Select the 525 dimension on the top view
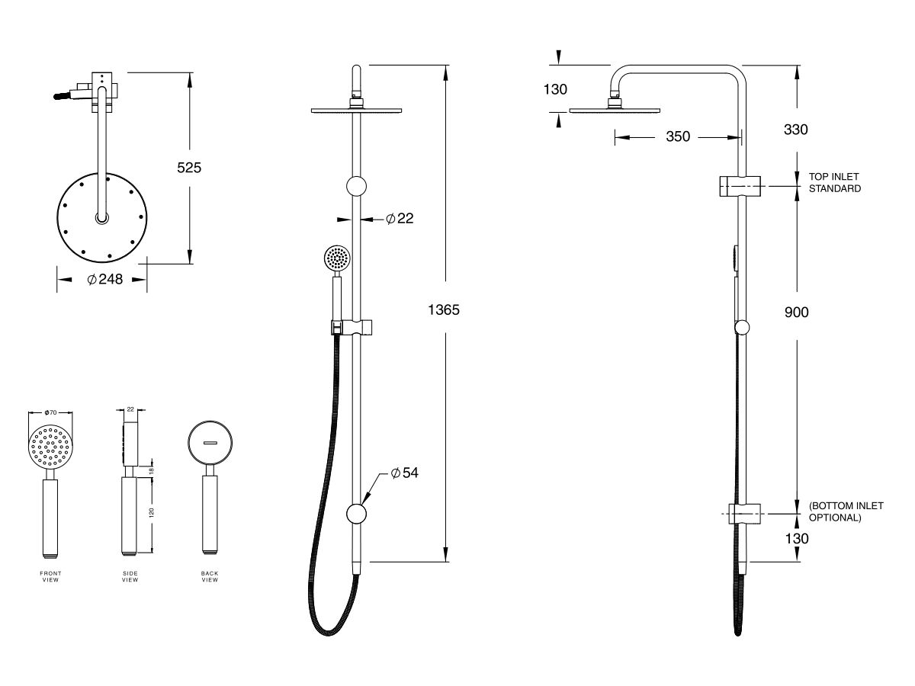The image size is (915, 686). pos(189,168)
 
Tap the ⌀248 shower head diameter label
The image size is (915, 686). pos(104,280)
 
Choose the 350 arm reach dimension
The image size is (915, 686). pos(677,136)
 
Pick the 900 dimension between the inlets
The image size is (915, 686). pos(796,312)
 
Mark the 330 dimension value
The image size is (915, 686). pos(796,130)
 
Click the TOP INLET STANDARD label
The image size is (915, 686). pos(835,182)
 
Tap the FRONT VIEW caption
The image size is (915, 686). pos(50,576)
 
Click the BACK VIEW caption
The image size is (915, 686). pos(210,576)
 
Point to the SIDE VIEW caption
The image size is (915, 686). pos(130,576)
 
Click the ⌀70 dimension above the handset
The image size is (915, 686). pos(51,412)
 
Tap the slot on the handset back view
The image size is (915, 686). pos(210,443)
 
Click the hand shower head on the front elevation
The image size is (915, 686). pos(336,258)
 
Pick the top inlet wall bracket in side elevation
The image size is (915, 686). pos(740,185)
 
